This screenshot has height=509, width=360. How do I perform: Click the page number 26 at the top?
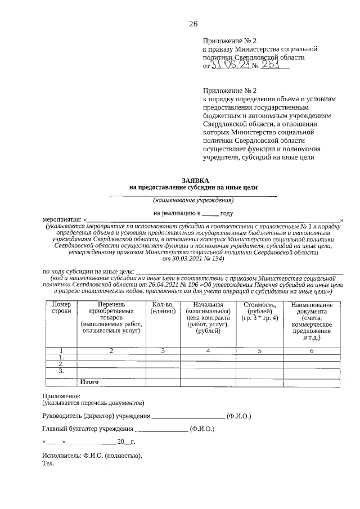[x=193, y=23]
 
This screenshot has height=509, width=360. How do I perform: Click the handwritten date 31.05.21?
[x=231, y=66]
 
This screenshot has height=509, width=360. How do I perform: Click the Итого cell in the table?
[x=89, y=381]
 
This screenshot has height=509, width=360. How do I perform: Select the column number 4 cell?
[x=208, y=350]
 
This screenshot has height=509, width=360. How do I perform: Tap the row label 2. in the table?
[x=61, y=364]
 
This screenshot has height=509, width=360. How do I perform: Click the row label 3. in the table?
[x=61, y=371]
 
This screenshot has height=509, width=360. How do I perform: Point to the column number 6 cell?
[x=312, y=350]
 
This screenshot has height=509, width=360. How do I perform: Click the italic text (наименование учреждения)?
[x=193, y=200]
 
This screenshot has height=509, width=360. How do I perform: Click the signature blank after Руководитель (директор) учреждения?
[x=188, y=417]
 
